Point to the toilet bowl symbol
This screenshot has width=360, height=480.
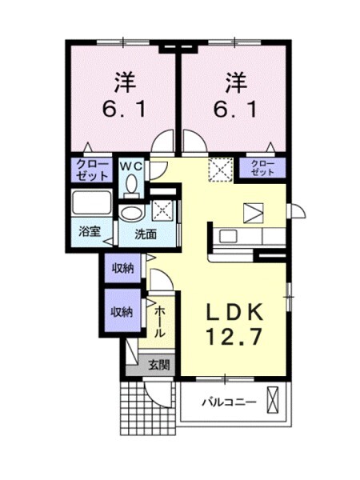(132, 186)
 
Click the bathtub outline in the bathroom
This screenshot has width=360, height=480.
(94, 202)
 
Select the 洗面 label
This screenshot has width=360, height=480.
(145, 235)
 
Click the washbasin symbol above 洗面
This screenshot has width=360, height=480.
(130, 213)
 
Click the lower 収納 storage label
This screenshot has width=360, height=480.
(122, 311)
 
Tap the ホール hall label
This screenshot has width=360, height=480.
(159, 320)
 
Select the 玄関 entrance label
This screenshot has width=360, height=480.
(158, 365)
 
